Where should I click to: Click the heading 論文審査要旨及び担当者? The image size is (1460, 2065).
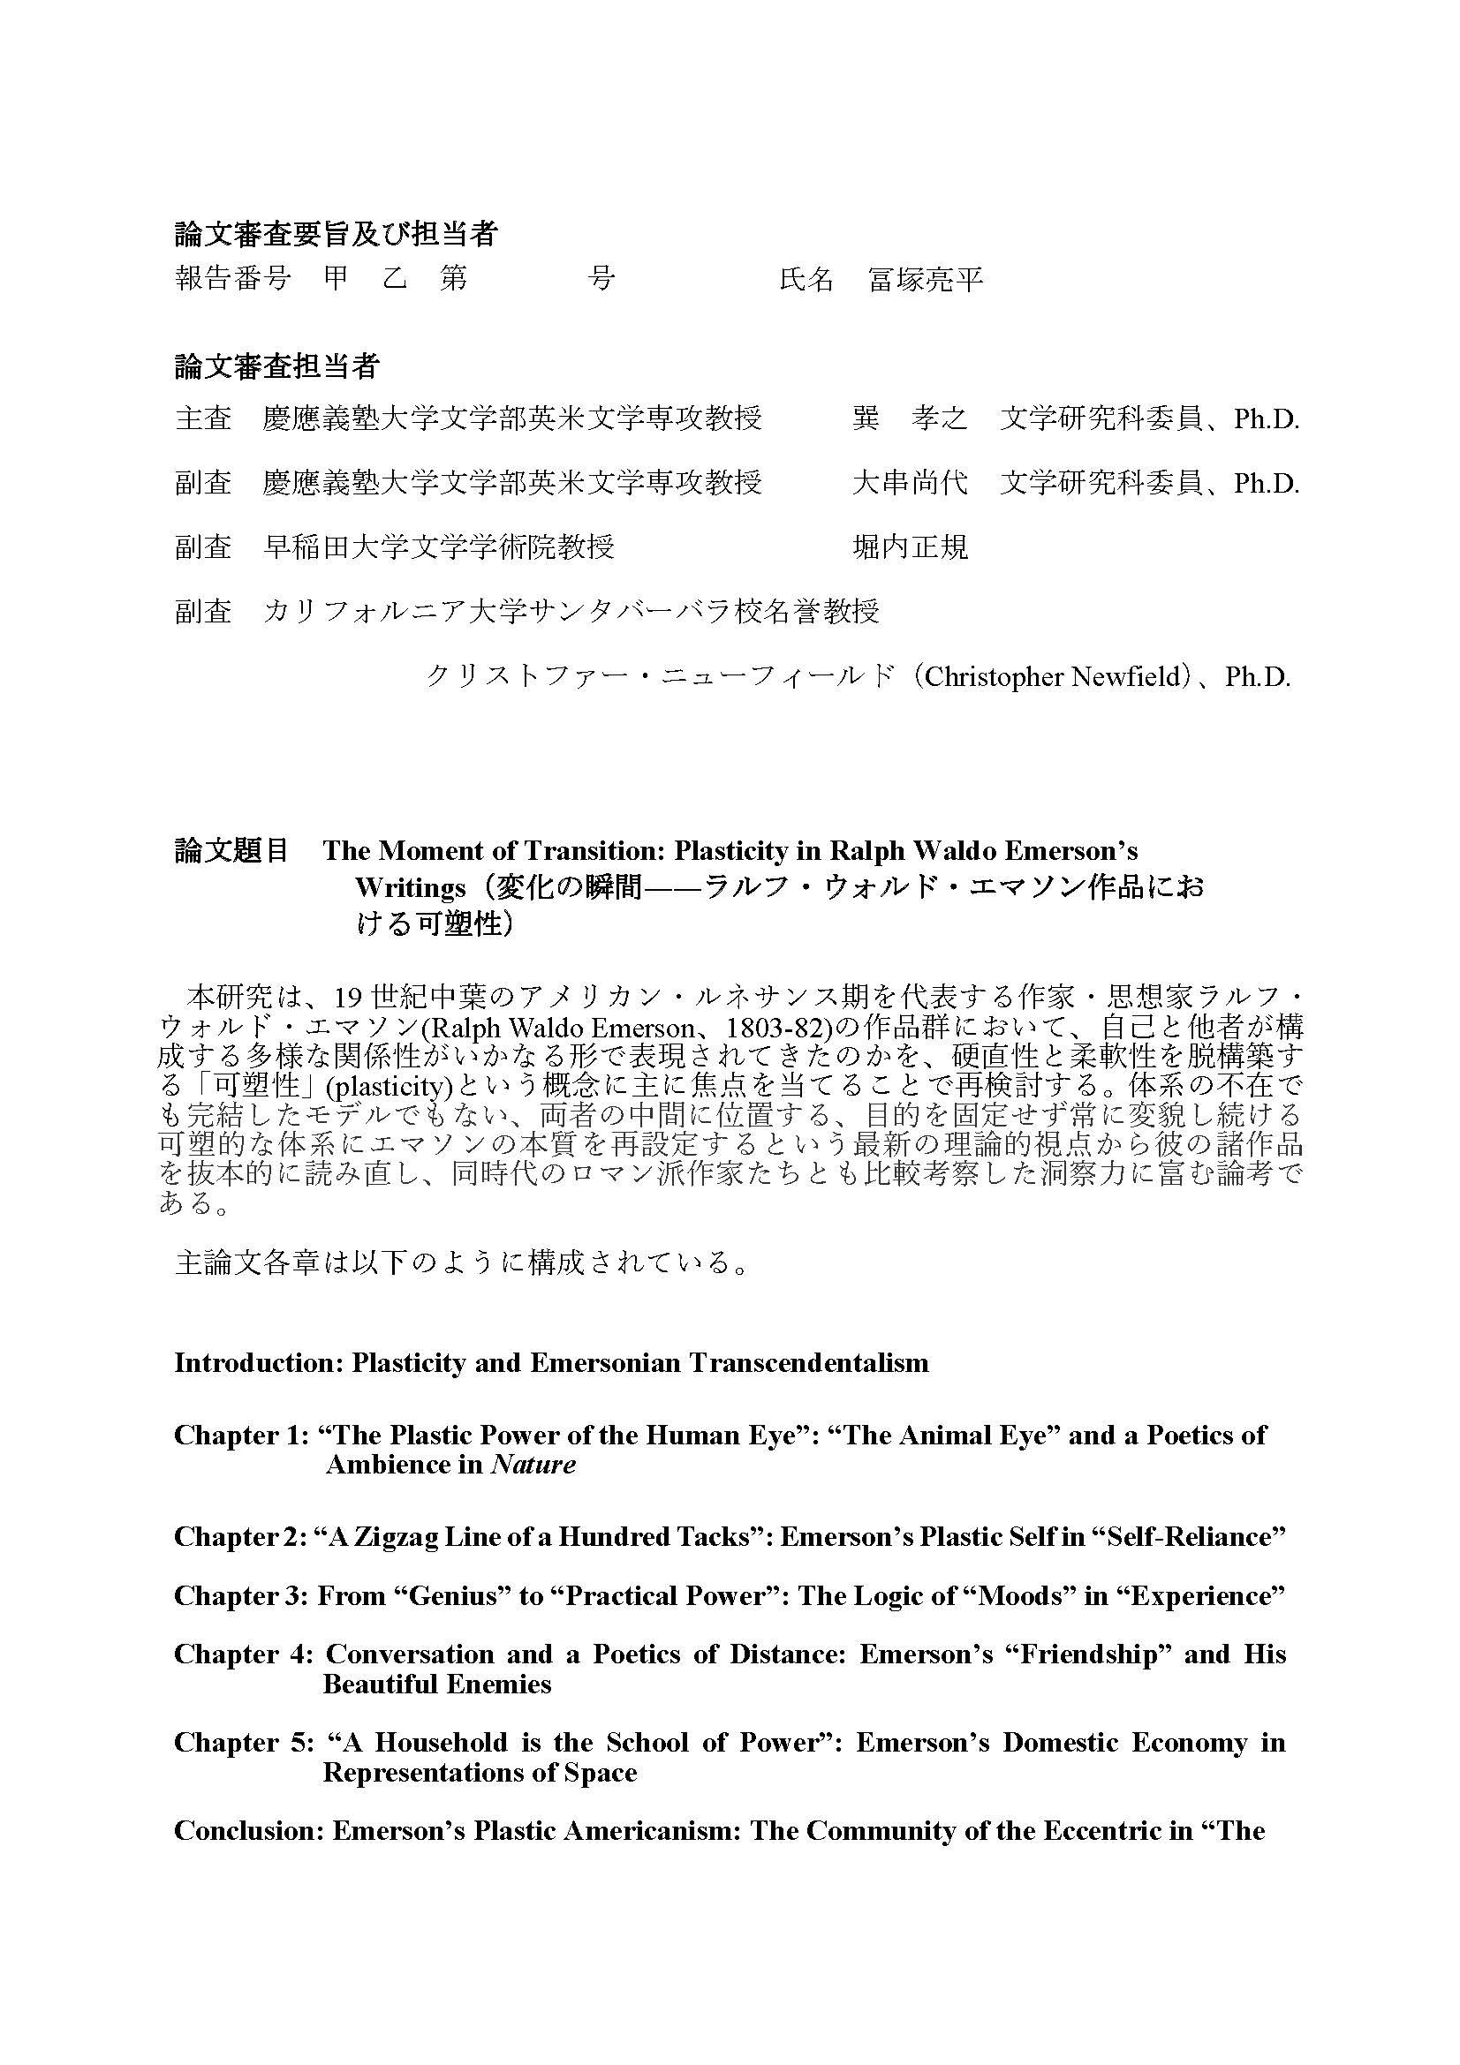click(x=336, y=235)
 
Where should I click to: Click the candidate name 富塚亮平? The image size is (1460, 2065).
click(x=926, y=280)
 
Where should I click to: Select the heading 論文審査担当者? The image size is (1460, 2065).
click(x=276, y=366)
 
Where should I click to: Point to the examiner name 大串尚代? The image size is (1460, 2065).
click(x=910, y=483)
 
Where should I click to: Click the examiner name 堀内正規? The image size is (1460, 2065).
click(x=910, y=546)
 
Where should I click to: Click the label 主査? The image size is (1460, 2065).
click(x=203, y=418)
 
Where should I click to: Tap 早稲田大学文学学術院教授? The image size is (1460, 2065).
click(x=438, y=546)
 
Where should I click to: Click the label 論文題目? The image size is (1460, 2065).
click(x=231, y=850)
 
